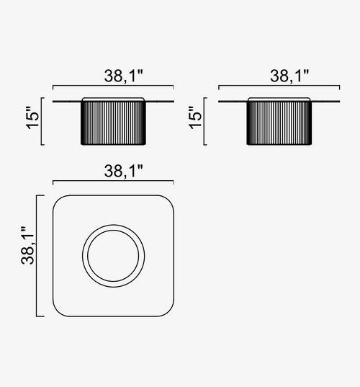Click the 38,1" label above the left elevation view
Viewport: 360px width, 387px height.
pos(124,76)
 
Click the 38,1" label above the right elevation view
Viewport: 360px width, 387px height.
pos(289,76)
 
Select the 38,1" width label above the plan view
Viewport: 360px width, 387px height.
pos(124,171)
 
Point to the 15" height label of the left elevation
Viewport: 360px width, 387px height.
pos(33,118)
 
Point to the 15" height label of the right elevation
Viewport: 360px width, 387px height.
pos(195,118)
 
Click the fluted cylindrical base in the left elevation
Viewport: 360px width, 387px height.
pos(113,123)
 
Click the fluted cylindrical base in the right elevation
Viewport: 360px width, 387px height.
pos(279,123)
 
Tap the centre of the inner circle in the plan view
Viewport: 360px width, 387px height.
pos(113,256)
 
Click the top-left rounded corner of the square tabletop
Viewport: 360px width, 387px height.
pos(58,201)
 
